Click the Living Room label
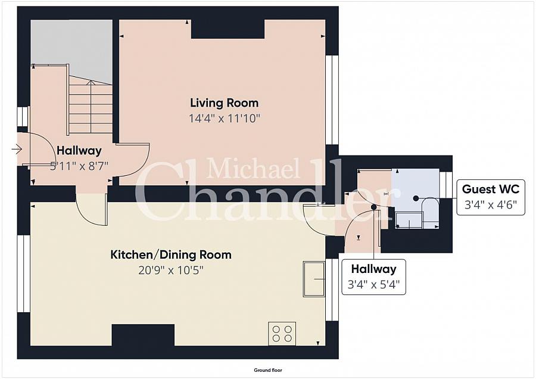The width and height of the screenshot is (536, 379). pyautogui.click(x=224, y=103)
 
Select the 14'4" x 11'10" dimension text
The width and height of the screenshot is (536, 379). pyautogui.click(x=225, y=119)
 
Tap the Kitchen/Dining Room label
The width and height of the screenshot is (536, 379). pyautogui.click(x=170, y=255)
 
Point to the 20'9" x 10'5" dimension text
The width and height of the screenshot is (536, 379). pyautogui.click(x=170, y=271)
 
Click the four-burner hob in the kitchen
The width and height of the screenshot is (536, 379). pyautogui.click(x=282, y=334)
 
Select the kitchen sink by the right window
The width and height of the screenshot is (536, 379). pyautogui.click(x=314, y=279)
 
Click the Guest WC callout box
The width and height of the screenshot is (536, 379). pyautogui.click(x=491, y=197)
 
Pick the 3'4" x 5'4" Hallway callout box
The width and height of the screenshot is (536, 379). pyautogui.click(x=373, y=277)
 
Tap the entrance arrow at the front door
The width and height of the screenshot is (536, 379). pyautogui.click(x=17, y=149)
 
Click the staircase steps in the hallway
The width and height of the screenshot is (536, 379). pyautogui.click(x=91, y=104)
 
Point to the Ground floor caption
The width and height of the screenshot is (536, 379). pyautogui.click(x=268, y=370)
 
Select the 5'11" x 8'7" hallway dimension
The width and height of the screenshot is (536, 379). pyautogui.click(x=79, y=166)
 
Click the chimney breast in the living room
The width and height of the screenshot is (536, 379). pyautogui.click(x=228, y=29)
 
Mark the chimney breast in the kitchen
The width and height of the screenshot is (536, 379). pyautogui.click(x=143, y=335)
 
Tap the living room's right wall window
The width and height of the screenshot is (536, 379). pyautogui.click(x=331, y=100)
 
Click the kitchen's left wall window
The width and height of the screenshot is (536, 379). pyautogui.click(x=24, y=274)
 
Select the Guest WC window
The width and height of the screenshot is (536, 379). pyautogui.click(x=445, y=184)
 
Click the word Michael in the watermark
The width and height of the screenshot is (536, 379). pyautogui.click(x=253, y=168)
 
